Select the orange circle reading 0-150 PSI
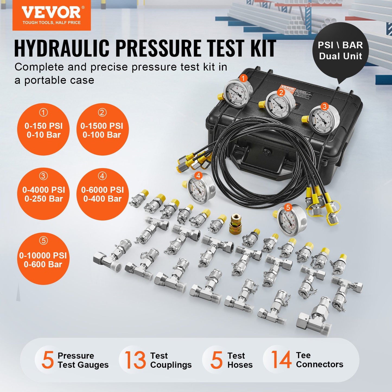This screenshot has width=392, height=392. click(43, 129)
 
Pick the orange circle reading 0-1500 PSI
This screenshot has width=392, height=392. click(102, 129)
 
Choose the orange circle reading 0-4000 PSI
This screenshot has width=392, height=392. click(43, 194)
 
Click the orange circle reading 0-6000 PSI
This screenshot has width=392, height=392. click(102, 194)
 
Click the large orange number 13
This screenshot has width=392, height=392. click(135, 360)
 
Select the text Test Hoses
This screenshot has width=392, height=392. click(240, 360)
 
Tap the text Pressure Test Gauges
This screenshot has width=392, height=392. click(83, 360)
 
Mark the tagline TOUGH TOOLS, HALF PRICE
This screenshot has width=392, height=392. click(52, 23)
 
